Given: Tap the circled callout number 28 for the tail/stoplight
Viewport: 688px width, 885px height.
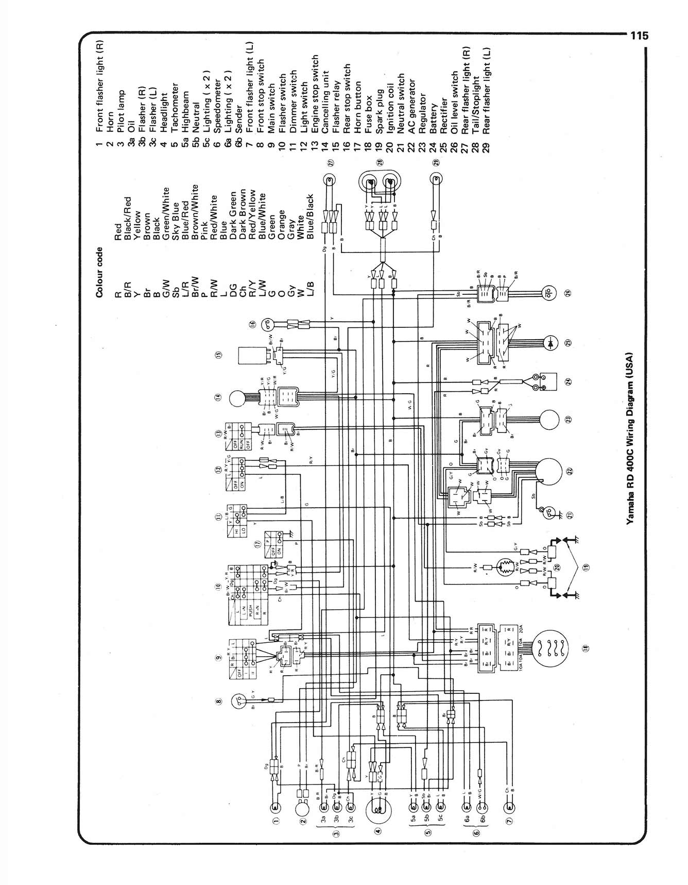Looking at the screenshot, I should [x=380, y=162].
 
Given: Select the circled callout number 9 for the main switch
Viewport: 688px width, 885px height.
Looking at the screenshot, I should [x=218, y=658].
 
